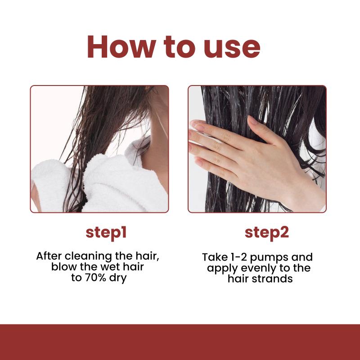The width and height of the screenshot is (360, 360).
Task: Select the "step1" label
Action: click(106, 233)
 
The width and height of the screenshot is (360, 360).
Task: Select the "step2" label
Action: click(266, 233)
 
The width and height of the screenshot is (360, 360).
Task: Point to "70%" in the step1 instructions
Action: click(95, 278)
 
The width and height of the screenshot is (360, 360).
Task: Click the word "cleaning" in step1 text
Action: click(88, 256)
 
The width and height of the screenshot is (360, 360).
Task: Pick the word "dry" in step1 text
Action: click(118, 279)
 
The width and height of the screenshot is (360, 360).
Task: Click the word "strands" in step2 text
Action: click(272, 279)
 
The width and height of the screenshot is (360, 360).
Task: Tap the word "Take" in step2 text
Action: click(215, 257)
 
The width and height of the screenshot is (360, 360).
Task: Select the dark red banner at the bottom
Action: click(180, 342)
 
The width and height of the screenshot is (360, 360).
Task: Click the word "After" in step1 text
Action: click(49, 256)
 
